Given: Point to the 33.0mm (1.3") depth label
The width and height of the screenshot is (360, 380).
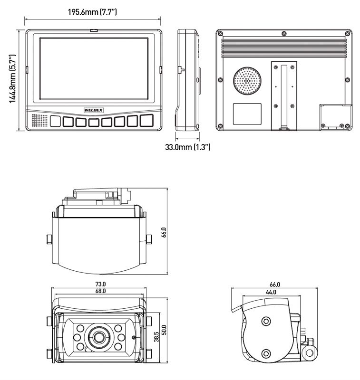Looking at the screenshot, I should [187, 147].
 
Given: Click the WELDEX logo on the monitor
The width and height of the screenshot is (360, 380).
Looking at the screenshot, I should [93, 110].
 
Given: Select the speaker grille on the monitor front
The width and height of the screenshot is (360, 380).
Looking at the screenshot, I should [40, 121].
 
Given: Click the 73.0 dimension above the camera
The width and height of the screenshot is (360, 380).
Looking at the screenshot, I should [100, 285].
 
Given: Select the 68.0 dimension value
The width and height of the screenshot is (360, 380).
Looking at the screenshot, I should [100, 291].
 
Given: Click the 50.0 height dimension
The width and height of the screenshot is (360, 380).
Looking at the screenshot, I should [165, 330].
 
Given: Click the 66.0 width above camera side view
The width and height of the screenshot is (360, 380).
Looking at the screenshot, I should [275, 285].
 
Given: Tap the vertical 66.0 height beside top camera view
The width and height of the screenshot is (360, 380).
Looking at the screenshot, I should [164, 233].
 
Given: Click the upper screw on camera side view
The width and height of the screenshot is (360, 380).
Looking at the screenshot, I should [265, 322].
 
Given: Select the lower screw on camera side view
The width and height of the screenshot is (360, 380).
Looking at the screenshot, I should [266, 353].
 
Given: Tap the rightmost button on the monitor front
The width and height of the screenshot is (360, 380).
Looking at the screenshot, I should [146, 121].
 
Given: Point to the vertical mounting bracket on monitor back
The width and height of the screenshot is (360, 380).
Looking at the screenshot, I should [284, 95].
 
